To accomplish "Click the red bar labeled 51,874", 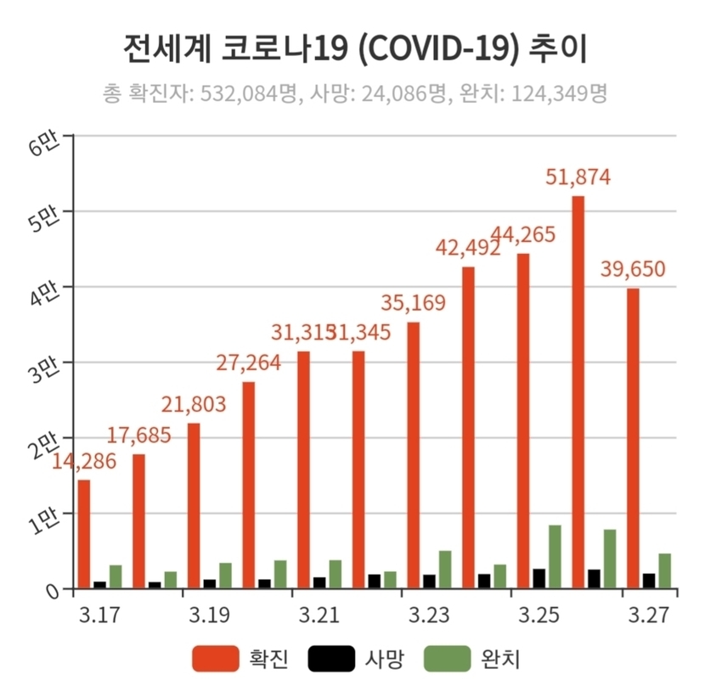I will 578,391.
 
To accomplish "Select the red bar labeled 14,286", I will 84,533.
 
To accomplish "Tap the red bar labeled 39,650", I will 633,437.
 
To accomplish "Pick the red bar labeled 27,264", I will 248,484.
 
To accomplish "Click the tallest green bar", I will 555,556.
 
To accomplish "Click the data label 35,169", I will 414,303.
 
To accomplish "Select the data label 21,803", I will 194,404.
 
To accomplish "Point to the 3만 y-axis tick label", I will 44,368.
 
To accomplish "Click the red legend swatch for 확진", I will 216,658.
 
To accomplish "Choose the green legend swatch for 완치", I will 447,658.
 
